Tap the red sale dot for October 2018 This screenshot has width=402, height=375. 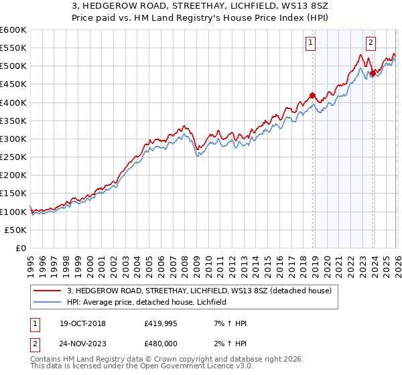pyautogui.click(x=313, y=95)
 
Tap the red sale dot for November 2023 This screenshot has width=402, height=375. pyautogui.click(x=373, y=73)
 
